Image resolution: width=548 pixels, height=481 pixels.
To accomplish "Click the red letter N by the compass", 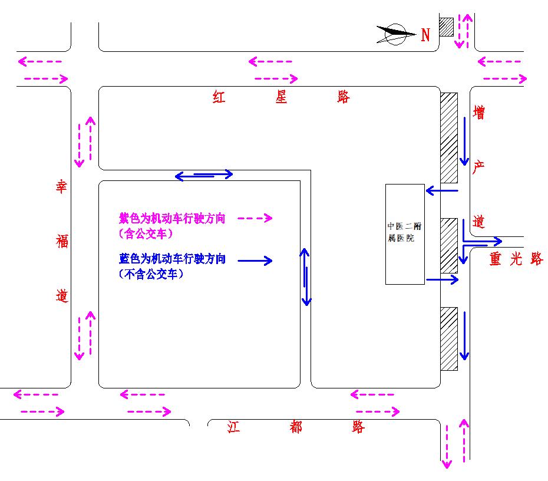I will [x=425, y=35].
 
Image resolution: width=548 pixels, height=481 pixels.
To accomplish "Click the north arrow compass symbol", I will [x=395, y=34].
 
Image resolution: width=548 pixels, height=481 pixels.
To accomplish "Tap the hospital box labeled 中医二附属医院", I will [x=405, y=234].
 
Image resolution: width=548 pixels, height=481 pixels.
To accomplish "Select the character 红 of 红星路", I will [x=219, y=97].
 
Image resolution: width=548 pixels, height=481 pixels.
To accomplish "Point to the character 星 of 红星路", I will [x=282, y=97].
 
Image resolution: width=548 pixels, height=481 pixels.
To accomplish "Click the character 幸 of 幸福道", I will [x=62, y=188].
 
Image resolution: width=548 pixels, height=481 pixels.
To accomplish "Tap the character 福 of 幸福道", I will [x=62, y=241].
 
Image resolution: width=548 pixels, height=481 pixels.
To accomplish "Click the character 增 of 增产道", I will [x=480, y=113].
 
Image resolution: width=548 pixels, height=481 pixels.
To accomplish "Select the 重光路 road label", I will [x=516, y=259].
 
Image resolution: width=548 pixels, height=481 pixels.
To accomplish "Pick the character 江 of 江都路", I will [x=234, y=427].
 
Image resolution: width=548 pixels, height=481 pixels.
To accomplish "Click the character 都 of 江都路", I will [x=296, y=427].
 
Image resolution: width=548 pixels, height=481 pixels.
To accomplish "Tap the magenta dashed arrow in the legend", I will [x=255, y=218].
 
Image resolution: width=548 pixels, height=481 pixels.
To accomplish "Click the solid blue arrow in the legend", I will [x=255, y=261].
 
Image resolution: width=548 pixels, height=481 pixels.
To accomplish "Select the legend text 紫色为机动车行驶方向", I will [x=172, y=218].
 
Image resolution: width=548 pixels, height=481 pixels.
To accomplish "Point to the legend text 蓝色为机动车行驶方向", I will [x=172, y=259].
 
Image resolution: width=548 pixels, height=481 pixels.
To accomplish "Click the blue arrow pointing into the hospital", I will [x=442, y=190].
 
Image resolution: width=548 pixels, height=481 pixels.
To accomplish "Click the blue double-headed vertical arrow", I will [x=306, y=277].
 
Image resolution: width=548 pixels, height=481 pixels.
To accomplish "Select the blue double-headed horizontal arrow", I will [x=204, y=174].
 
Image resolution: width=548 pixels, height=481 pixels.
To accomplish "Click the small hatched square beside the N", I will [x=446, y=27].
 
